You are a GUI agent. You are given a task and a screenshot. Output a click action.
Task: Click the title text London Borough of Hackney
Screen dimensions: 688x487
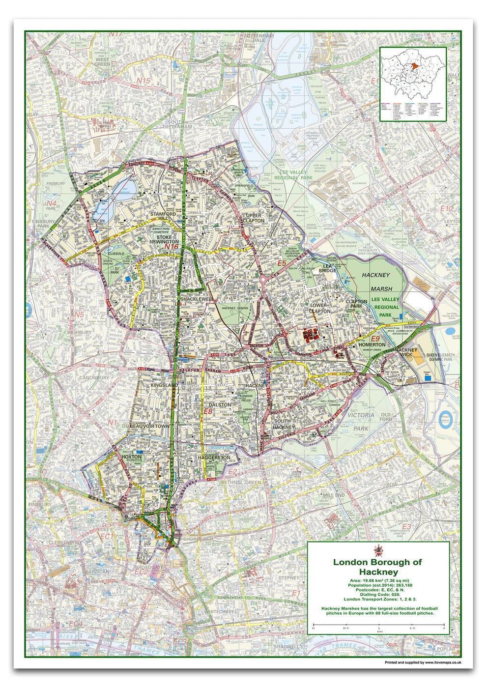coord(377,567)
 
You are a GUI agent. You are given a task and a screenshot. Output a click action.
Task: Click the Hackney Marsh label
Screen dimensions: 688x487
coord(376,282)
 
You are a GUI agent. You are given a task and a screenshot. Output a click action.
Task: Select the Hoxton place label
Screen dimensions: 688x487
coord(131,457)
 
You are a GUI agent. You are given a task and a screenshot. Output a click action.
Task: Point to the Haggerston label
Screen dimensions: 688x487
coord(214,458)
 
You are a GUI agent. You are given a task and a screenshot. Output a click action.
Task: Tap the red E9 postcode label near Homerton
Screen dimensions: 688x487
coord(375,339)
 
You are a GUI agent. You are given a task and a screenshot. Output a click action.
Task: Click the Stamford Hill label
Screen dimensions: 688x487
coord(163,218)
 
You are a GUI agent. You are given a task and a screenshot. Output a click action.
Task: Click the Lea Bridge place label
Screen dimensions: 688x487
coord(327,267)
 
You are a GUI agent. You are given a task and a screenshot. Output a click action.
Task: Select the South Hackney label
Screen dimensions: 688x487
coord(283,424)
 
